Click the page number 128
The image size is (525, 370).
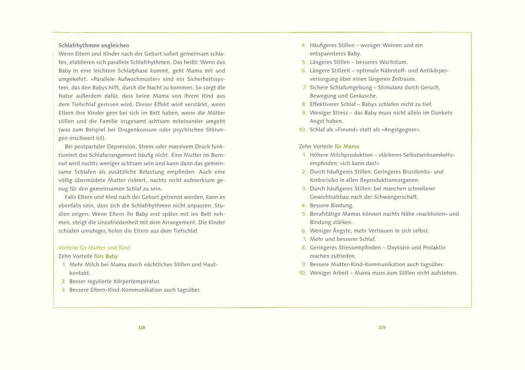142,328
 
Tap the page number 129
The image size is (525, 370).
382,328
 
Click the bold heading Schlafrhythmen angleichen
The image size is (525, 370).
94,45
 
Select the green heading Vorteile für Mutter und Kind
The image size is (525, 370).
94,248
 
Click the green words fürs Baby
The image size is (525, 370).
106,256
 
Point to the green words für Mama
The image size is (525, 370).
347,146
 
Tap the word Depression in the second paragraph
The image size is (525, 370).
120,146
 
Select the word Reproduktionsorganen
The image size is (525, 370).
390,180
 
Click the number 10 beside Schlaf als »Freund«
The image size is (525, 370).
302,130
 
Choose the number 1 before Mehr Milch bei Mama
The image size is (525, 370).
64,265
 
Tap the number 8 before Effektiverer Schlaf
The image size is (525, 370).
304,105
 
